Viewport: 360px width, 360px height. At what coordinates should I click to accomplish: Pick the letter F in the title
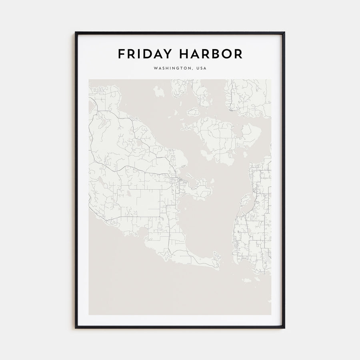coord(121,54)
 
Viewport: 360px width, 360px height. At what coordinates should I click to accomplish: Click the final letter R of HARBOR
coord(238,54)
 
